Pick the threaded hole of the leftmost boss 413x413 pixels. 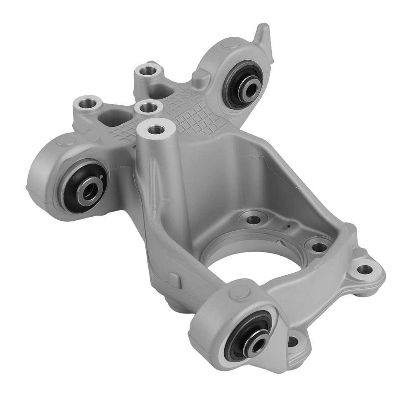(87, 101)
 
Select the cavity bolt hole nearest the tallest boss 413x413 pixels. (253, 218)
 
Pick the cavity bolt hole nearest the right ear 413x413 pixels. (319, 247)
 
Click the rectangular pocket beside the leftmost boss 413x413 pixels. (112, 117)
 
